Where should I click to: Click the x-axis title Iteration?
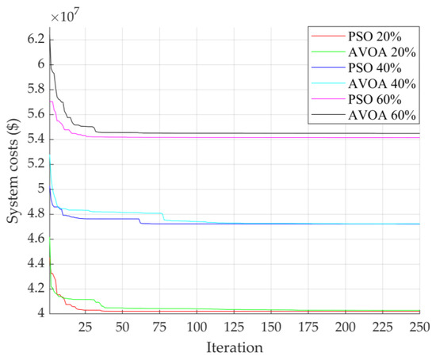(234, 347)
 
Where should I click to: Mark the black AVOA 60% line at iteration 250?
(419, 133)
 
